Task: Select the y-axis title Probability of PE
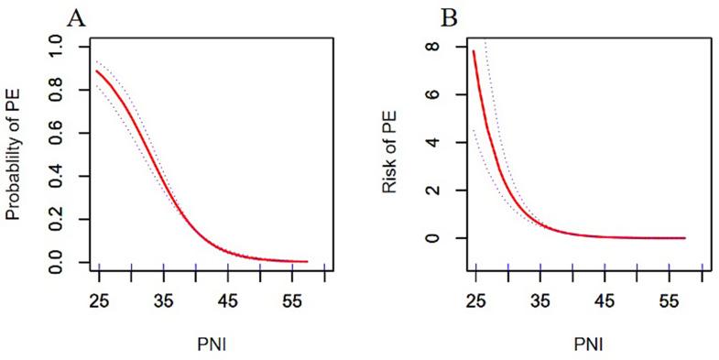(x=14, y=153)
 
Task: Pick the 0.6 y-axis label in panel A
(x=56, y=132)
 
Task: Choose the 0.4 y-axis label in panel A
(x=56, y=176)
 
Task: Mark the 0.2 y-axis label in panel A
(x=56, y=220)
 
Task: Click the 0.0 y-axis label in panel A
(x=56, y=264)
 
